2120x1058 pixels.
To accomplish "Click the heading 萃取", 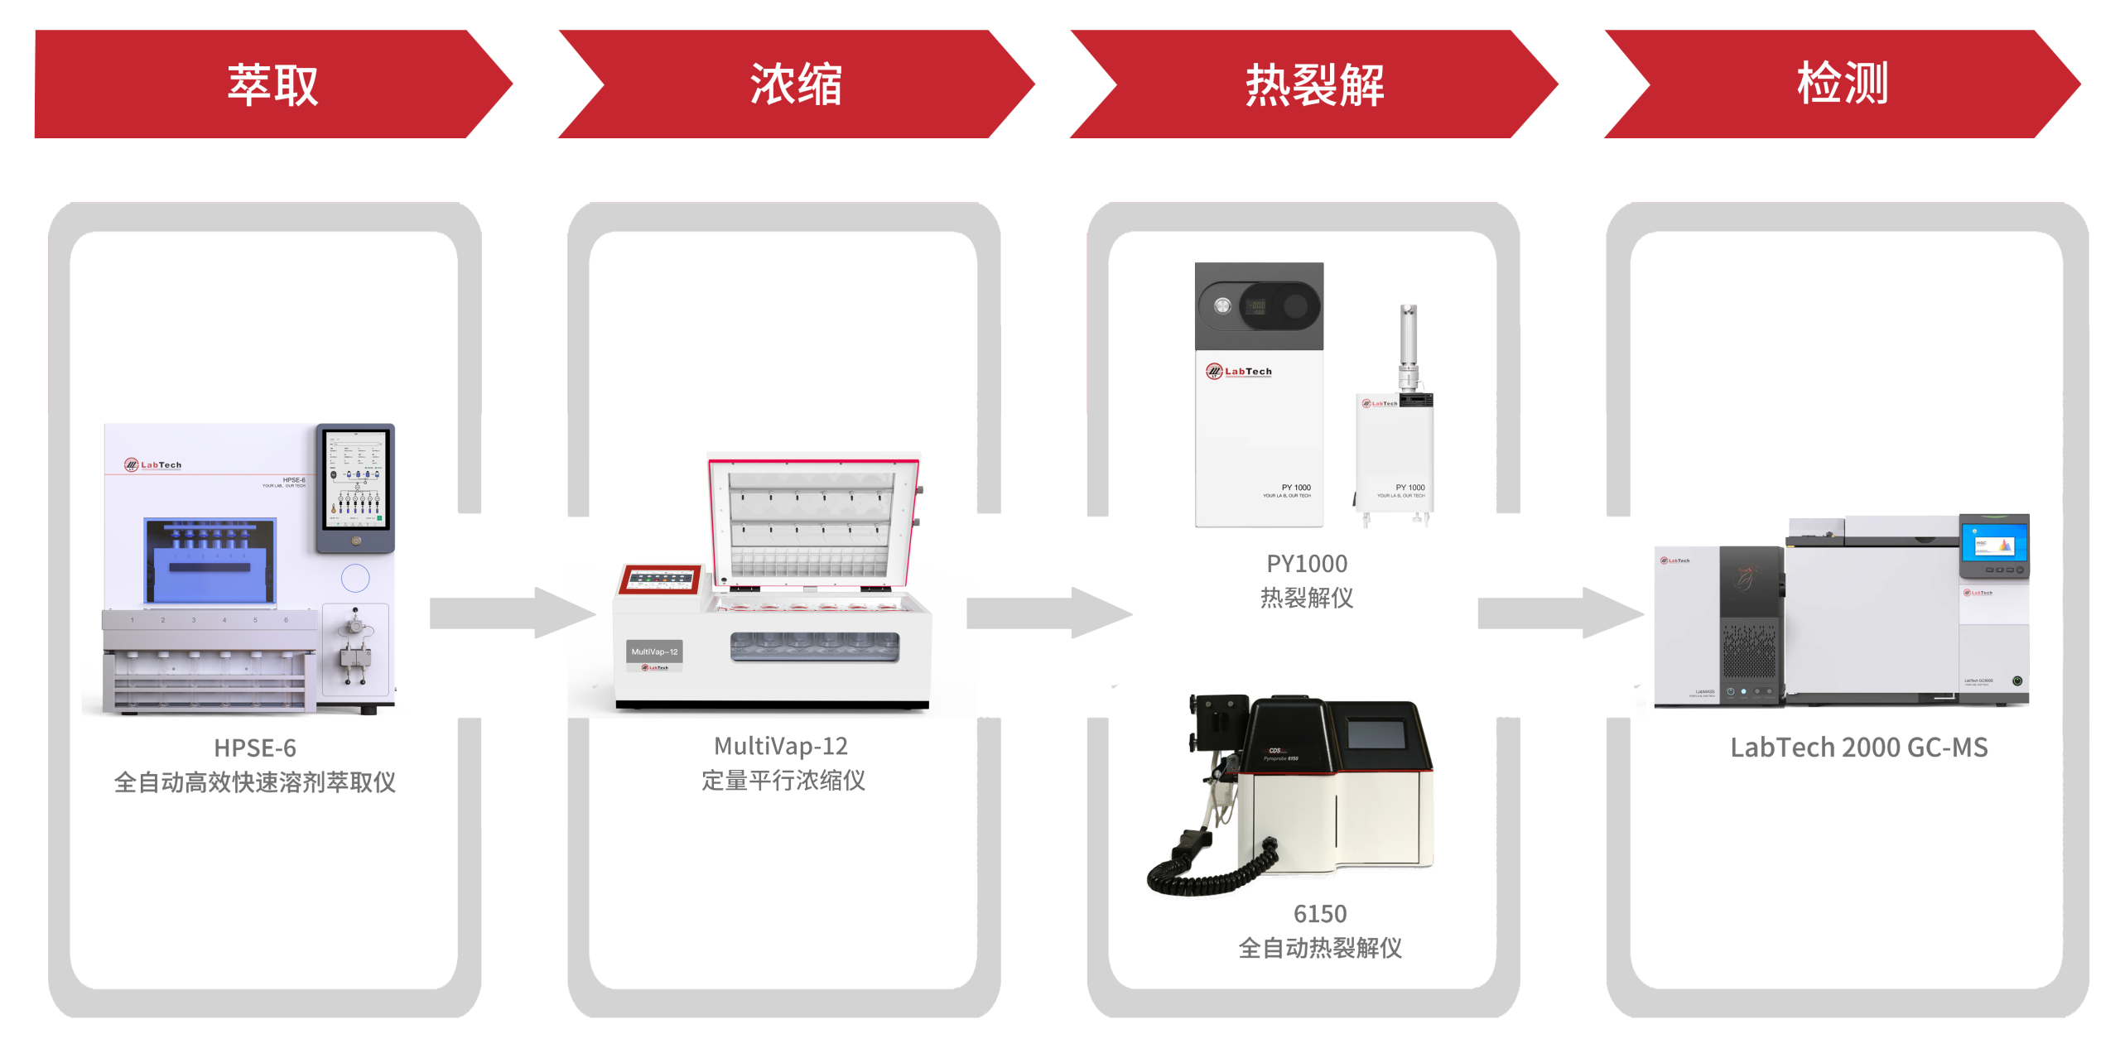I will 272,84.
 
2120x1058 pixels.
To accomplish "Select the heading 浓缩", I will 795,84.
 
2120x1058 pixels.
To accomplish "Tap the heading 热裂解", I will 1314,85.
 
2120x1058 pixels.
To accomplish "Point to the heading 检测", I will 1842,84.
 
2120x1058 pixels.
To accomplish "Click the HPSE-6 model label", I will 255,748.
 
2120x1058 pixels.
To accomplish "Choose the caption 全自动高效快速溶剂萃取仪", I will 255,782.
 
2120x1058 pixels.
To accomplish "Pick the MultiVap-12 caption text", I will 781,746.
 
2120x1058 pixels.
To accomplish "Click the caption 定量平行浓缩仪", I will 783,780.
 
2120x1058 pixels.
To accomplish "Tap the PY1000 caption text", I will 1307,564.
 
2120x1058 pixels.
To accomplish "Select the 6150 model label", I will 1320,914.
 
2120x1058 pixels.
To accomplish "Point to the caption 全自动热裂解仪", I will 1320,947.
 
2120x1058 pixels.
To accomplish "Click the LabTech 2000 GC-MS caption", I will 1858,748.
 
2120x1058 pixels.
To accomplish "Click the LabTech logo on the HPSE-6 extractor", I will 153,464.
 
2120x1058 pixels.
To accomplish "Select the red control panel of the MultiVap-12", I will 660,579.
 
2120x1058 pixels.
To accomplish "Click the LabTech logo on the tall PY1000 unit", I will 1238,372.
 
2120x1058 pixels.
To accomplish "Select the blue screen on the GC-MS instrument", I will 1993,546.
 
